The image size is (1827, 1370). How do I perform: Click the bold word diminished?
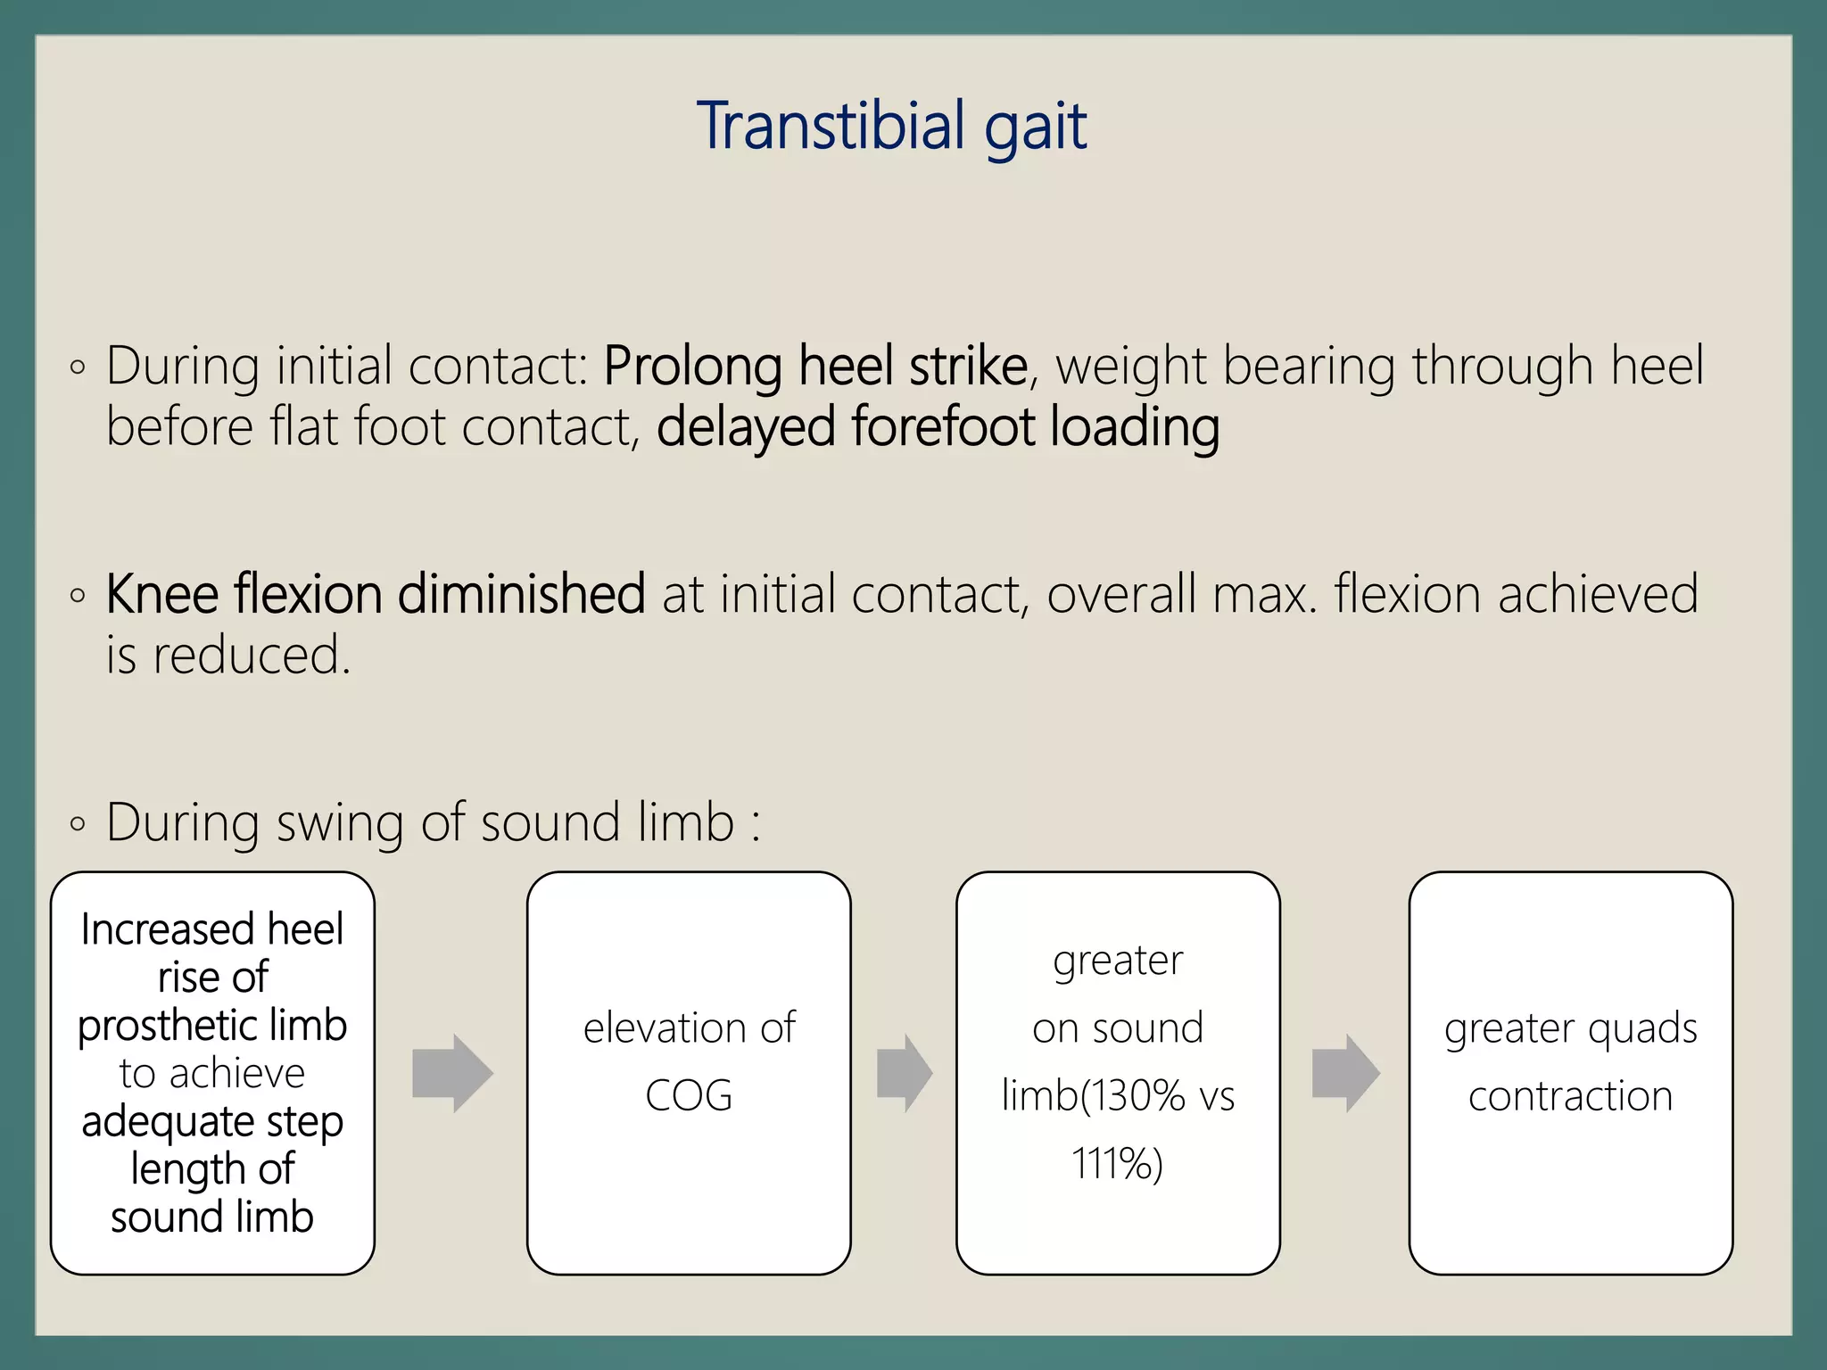[521, 594]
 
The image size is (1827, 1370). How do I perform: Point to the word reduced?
[252, 656]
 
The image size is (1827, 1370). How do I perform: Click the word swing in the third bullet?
[340, 822]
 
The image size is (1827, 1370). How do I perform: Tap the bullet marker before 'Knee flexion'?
[78, 595]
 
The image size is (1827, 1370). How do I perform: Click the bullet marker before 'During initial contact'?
[78, 367]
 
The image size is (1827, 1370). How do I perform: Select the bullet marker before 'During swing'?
[78, 823]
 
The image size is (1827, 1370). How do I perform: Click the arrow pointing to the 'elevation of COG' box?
[452, 1073]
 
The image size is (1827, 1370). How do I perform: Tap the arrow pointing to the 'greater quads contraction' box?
[1345, 1073]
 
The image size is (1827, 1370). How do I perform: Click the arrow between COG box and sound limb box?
[904, 1073]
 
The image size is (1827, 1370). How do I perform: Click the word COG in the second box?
[689, 1096]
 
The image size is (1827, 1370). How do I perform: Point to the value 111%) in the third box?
[1118, 1164]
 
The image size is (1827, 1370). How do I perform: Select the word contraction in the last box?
[1570, 1096]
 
